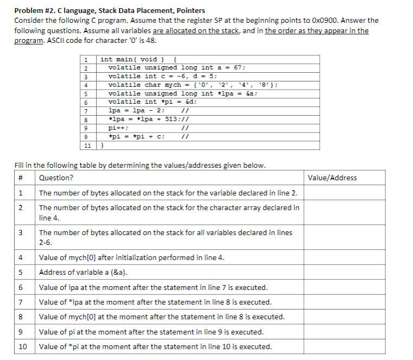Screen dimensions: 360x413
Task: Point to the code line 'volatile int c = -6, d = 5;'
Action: point(163,76)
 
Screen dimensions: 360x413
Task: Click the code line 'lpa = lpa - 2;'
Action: point(135,110)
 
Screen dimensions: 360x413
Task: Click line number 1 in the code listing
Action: point(86,59)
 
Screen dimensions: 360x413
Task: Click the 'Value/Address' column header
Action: point(333,178)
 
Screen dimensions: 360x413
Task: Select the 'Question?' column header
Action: point(56,178)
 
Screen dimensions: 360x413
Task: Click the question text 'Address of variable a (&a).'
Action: point(87,272)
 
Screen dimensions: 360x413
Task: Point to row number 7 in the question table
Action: point(20,302)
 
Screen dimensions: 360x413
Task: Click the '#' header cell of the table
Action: point(20,178)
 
